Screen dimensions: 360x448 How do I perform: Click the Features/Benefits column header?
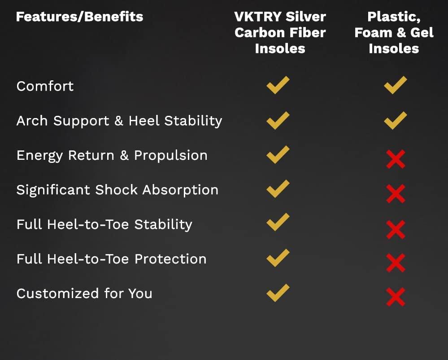pos(79,17)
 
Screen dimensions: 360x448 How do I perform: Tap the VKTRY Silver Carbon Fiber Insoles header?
pos(280,32)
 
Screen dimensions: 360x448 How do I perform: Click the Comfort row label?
pos(45,86)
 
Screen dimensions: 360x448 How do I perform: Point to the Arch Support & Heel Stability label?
pos(119,121)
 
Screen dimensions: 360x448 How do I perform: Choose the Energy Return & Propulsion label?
pos(112,155)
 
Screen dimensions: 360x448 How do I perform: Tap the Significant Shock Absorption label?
pos(117,190)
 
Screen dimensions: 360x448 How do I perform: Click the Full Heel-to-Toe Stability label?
pos(104,224)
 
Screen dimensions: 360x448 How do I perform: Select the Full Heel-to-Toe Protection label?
pos(111,259)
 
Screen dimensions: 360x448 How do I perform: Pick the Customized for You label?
pos(84,294)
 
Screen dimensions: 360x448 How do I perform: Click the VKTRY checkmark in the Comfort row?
pos(278,85)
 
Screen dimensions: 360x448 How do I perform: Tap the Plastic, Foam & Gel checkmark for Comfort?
pos(395,85)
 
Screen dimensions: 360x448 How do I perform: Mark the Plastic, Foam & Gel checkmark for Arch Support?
pos(395,120)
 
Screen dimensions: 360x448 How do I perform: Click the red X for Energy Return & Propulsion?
pos(396,159)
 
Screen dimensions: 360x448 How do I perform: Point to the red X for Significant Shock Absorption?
pos(396,193)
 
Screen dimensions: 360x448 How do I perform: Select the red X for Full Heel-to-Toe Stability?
pos(396,229)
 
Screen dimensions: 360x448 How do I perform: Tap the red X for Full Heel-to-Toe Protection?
pos(396,263)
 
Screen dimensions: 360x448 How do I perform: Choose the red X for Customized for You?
pos(396,297)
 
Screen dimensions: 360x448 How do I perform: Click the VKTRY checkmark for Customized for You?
pos(278,293)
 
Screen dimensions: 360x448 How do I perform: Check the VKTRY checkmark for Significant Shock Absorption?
pos(278,189)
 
